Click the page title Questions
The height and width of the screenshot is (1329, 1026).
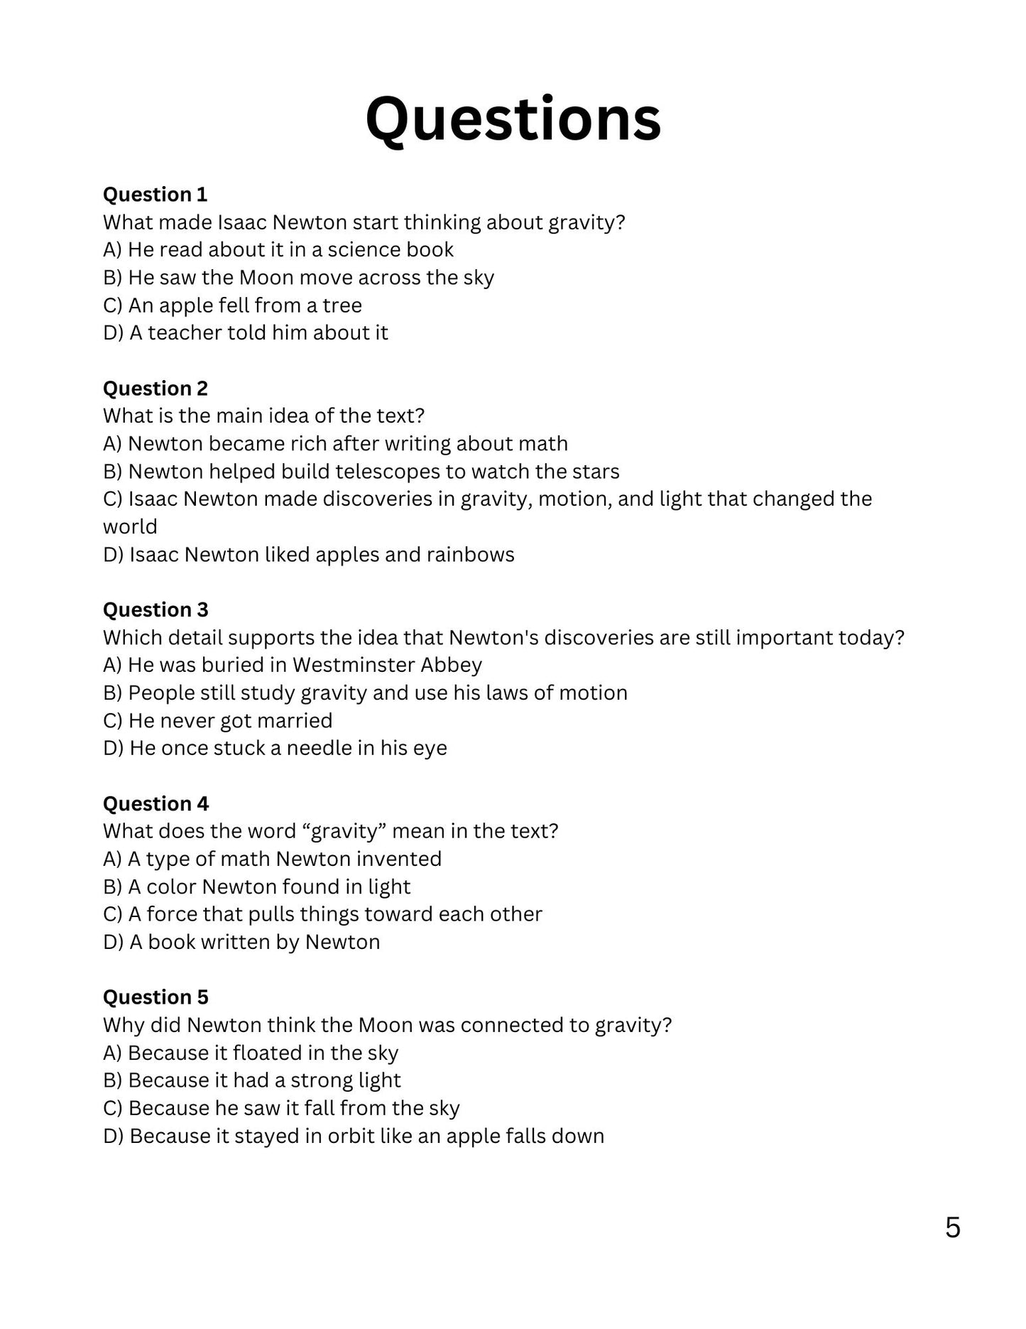tap(513, 119)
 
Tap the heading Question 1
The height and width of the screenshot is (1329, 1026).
tap(155, 195)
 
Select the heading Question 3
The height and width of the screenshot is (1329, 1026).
tap(155, 610)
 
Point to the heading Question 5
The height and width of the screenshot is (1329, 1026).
tap(155, 997)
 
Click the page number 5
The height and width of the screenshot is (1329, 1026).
tap(953, 1227)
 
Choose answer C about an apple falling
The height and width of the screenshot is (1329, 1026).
tap(232, 305)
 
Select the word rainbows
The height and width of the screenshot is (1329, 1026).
tap(470, 555)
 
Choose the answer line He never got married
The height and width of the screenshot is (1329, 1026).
tap(217, 721)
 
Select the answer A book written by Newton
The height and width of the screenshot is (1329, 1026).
tap(241, 943)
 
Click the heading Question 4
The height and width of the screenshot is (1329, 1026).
tap(155, 804)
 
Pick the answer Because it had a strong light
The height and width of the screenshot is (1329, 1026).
tap(251, 1080)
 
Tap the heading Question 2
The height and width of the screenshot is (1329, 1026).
tap(155, 389)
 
